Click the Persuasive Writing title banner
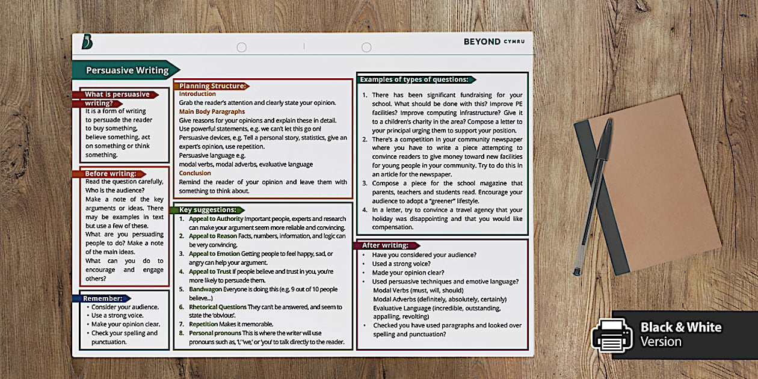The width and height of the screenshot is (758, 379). point(127,70)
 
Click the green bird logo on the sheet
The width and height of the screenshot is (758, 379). point(87,42)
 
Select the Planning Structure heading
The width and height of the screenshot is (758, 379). point(212,86)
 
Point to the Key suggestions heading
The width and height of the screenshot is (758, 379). point(208,210)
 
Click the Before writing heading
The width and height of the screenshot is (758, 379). point(111,174)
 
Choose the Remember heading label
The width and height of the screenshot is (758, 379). point(102,298)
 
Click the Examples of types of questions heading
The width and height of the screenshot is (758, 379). point(414,79)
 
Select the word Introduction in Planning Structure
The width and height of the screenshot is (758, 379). point(197,94)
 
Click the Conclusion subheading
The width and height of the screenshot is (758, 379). point(195,173)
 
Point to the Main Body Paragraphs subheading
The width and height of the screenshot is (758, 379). point(212,111)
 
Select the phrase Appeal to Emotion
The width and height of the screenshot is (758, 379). point(214,254)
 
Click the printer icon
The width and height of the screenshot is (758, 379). point(611,334)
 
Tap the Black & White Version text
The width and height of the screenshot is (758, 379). point(680,334)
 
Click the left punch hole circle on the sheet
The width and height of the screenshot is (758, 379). point(242,47)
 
